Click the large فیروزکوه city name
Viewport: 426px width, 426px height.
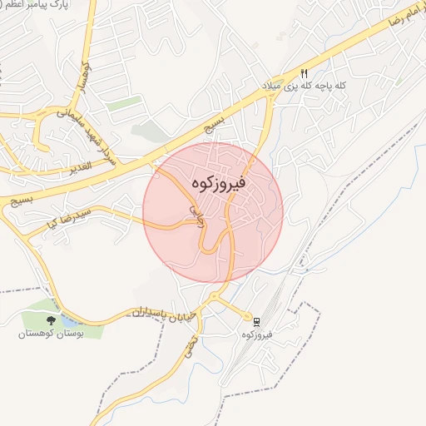pyautogui.click(x=213, y=183)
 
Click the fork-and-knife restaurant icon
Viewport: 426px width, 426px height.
pyautogui.click(x=305, y=72)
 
